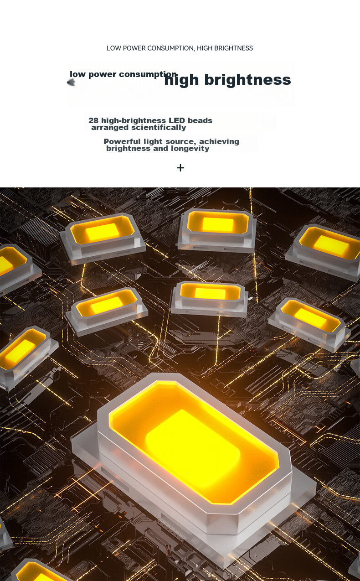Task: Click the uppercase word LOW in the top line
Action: tap(113, 48)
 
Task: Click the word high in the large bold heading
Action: tap(181, 80)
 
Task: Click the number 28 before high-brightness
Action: tap(93, 120)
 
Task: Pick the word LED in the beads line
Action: tap(176, 120)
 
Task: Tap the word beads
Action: tap(200, 120)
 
